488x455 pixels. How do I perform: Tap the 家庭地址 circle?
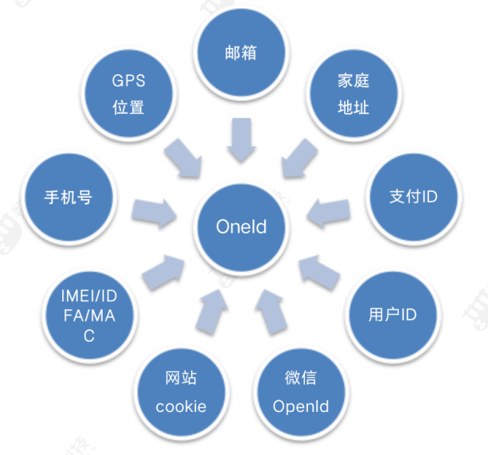352,94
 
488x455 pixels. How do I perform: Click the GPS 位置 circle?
129,95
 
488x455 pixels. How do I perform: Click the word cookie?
181,406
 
